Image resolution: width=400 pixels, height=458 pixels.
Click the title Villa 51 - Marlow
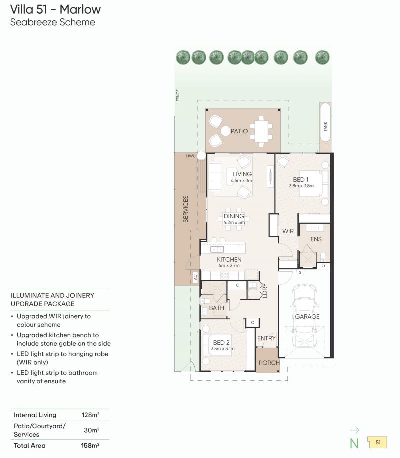[55, 9]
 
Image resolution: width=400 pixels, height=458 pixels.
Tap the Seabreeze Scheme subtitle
[52, 22]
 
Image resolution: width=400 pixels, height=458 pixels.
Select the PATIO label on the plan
[239, 131]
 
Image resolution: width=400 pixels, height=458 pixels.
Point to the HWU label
[191, 156]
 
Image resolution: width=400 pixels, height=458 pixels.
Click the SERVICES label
[186, 209]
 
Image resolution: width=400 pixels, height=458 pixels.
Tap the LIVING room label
[242, 174]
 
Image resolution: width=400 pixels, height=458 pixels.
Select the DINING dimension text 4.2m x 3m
[234, 222]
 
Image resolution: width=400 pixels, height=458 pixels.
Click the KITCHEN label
[229, 260]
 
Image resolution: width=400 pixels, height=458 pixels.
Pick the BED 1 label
[301, 180]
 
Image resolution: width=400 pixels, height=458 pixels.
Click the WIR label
[288, 231]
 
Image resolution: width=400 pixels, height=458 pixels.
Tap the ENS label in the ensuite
[316, 239]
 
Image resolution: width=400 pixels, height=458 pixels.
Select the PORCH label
[269, 363]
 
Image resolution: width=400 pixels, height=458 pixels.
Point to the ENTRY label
[266, 338]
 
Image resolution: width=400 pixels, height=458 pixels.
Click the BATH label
[216, 308]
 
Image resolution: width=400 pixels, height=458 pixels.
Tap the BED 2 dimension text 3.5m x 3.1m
[223, 349]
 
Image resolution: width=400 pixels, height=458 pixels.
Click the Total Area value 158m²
[90, 445]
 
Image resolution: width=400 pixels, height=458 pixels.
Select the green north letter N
[354, 442]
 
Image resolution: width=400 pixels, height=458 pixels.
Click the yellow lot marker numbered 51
[377, 442]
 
